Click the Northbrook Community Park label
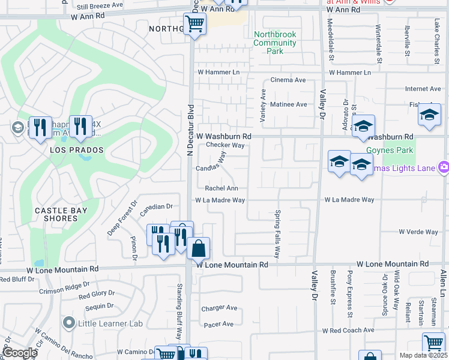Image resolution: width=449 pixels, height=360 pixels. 275,43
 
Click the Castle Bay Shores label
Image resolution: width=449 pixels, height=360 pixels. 61,214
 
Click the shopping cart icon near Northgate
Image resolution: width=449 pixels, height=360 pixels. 194,25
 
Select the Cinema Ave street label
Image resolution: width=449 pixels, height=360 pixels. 288,80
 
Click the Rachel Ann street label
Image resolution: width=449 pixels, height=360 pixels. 218,188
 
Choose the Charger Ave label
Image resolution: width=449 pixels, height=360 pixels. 219,308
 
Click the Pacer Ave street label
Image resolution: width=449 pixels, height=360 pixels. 219,324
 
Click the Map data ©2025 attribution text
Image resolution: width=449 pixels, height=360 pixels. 423,355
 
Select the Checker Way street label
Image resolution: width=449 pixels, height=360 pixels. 225,145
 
